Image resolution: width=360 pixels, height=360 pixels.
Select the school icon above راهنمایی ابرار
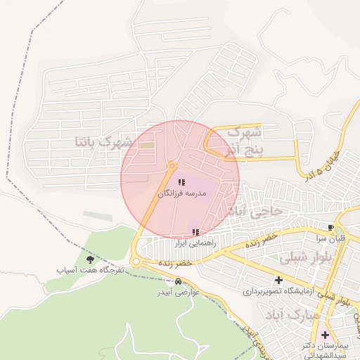pos(195,232)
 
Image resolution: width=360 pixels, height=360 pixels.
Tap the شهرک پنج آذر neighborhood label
pos(243,141)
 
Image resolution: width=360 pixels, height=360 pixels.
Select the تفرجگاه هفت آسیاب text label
pos(91,269)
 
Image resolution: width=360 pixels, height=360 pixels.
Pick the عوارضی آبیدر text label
pos(176,292)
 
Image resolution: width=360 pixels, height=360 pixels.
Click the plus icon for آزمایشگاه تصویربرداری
pos(278,281)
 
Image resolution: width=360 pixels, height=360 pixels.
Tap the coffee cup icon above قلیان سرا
pos(330,227)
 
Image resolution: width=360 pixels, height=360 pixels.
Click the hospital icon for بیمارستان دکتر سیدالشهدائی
pos(325,335)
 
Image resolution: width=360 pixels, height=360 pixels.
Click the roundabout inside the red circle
pos(172,166)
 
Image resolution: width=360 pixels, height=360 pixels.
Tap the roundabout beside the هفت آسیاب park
pos(136,262)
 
